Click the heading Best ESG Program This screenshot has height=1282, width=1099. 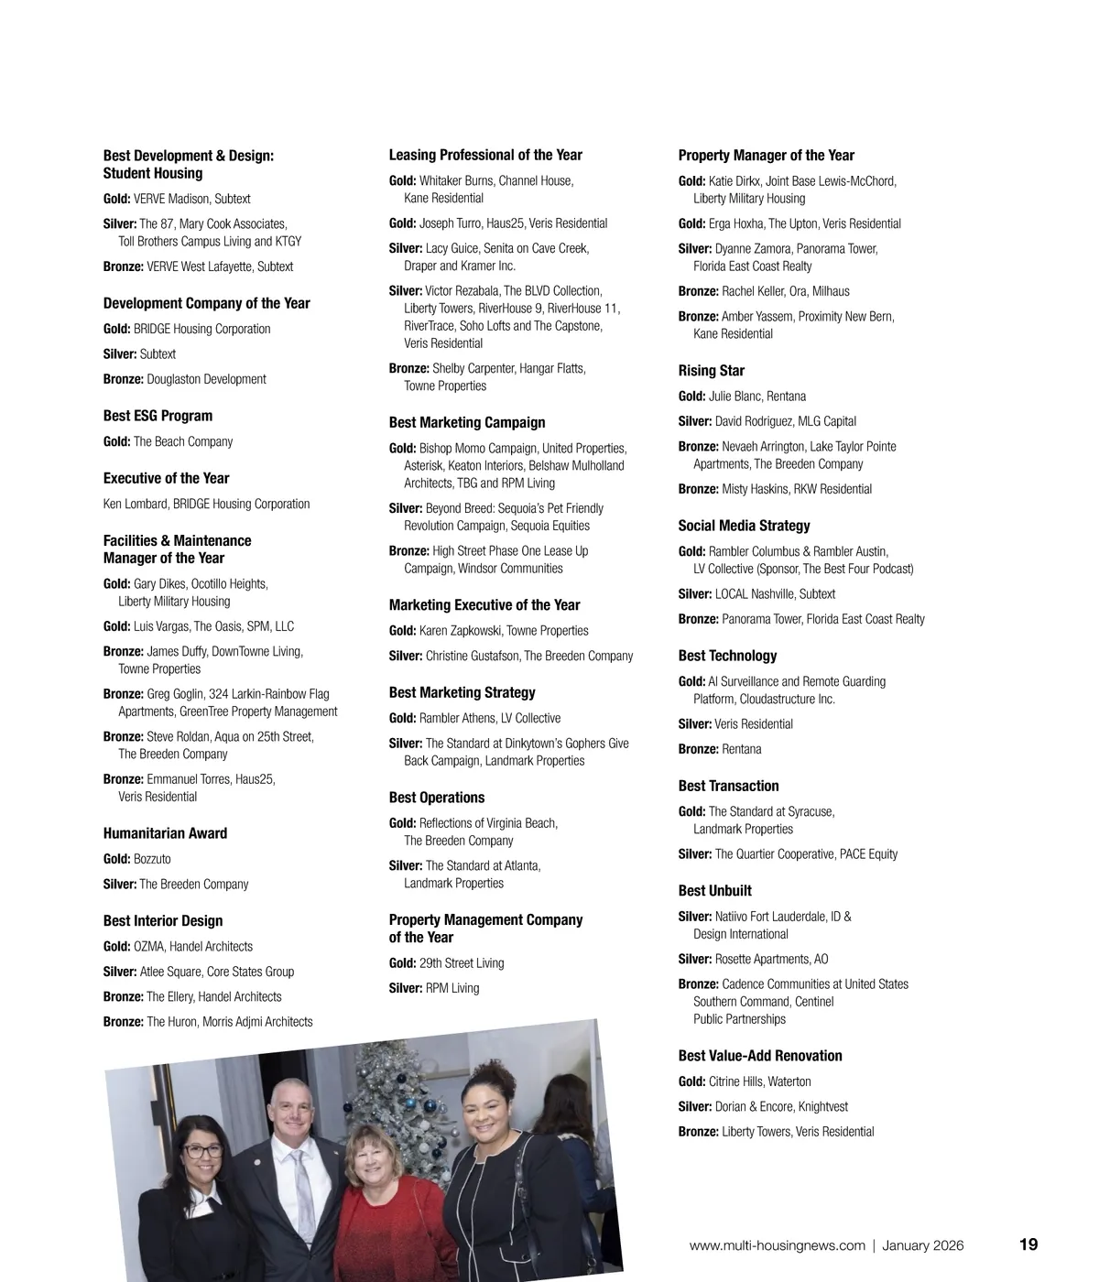click(158, 416)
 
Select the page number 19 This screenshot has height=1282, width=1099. click(1028, 1244)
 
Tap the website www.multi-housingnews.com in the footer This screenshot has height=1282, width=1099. click(777, 1245)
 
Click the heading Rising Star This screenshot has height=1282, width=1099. click(711, 371)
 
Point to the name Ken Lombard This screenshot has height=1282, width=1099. click(136, 504)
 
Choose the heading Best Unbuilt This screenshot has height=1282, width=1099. click(714, 891)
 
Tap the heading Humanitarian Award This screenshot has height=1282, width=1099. click(165, 833)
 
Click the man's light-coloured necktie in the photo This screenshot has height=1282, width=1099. click(300, 1181)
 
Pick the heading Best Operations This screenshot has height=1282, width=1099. click(437, 798)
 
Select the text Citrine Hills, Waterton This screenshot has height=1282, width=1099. click(759, 1081)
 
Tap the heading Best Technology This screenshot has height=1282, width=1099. click(727, 656)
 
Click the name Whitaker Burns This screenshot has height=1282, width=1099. click(456, 181)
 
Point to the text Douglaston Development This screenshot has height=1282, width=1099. click(206, 379)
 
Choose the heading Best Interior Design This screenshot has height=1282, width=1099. click(163, 921)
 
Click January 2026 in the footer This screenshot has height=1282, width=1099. click(922, 1245)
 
